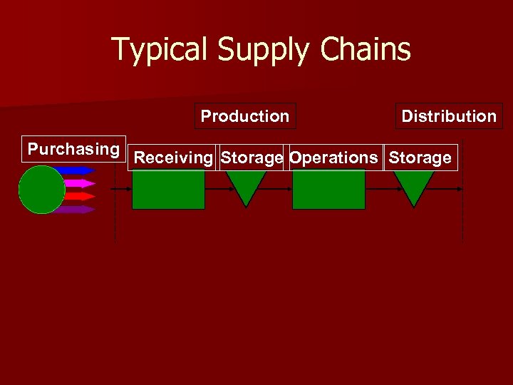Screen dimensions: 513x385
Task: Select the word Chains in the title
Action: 366,50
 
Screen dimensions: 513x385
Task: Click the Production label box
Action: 245,116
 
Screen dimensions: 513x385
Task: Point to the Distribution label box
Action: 449,116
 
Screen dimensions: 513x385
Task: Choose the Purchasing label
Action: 73,149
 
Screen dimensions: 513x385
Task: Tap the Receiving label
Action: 173,158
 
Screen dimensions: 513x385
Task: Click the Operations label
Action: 333,158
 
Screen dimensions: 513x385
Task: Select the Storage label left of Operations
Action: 252,158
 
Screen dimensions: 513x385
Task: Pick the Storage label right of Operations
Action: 420,158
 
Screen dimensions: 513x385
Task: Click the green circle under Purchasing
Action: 41,190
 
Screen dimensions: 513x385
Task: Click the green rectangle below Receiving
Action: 169,190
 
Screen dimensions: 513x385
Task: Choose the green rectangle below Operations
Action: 328,190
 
